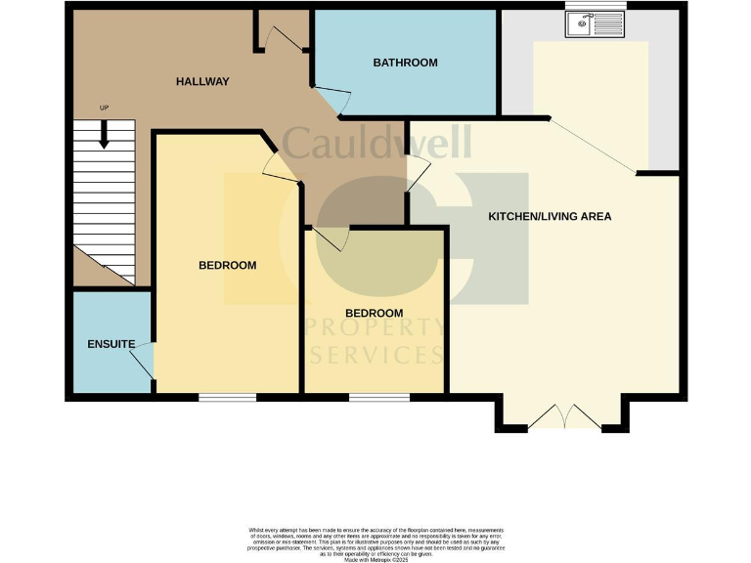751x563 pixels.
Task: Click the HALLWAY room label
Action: [x=202, y=81]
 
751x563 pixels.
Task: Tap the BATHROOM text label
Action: [x=405, y=63]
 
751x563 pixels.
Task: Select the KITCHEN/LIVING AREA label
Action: [x=550, y=216]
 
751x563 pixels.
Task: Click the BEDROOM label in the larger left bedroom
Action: [x=227, y=265]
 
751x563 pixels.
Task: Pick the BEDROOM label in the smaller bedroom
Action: [x=374, y=313]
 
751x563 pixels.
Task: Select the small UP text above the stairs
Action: [x=104, y=108]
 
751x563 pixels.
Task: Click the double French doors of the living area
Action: [x=564, y=417]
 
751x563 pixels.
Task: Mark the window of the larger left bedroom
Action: [x=227, y=397]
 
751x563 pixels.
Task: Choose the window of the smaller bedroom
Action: [x=378, y=397]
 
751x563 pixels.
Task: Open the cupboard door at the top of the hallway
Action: [x=286, y=37]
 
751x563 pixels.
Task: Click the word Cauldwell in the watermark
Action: [x=376, y=142]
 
